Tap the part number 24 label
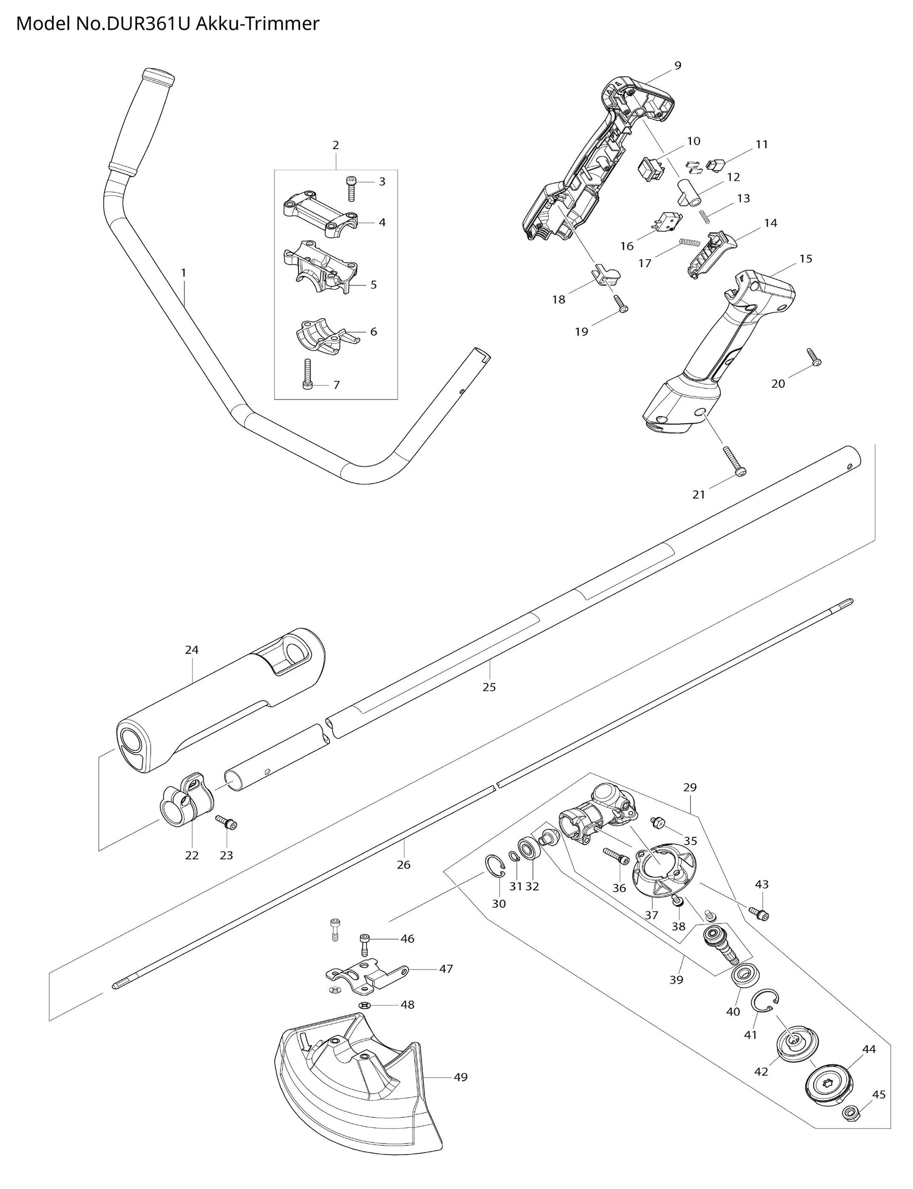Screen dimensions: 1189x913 pos(191,650)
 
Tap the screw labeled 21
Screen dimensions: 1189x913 pos(734,462)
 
